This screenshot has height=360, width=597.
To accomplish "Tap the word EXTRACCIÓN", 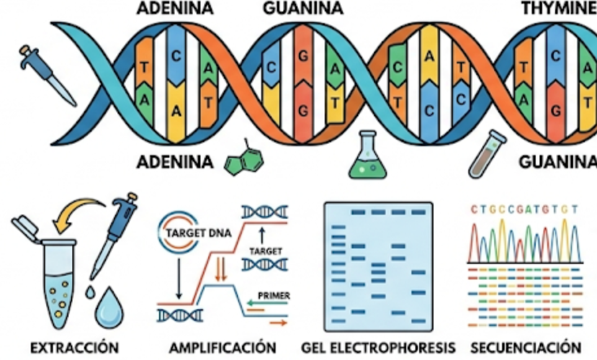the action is [74, 348].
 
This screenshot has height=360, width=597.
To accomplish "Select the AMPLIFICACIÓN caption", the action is [223, 348].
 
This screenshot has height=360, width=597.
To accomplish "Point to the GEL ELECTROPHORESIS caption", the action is [378, 348].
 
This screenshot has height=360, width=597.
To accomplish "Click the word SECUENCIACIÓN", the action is [526, 348].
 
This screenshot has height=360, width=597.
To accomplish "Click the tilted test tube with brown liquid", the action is [487, 154].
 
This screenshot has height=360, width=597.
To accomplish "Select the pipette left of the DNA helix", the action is [48, 74].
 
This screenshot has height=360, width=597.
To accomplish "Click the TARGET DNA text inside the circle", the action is [199, 233].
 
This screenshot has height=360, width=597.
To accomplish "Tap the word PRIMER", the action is [274, 295].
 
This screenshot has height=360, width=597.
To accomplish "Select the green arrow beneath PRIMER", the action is [267, 304].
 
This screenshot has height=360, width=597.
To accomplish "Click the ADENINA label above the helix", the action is [175, 8].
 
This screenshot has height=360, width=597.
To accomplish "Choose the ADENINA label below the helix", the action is [175, 162].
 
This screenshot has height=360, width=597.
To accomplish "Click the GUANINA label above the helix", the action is [303, 8].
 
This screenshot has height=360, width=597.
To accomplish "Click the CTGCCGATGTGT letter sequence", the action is [524, 209].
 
